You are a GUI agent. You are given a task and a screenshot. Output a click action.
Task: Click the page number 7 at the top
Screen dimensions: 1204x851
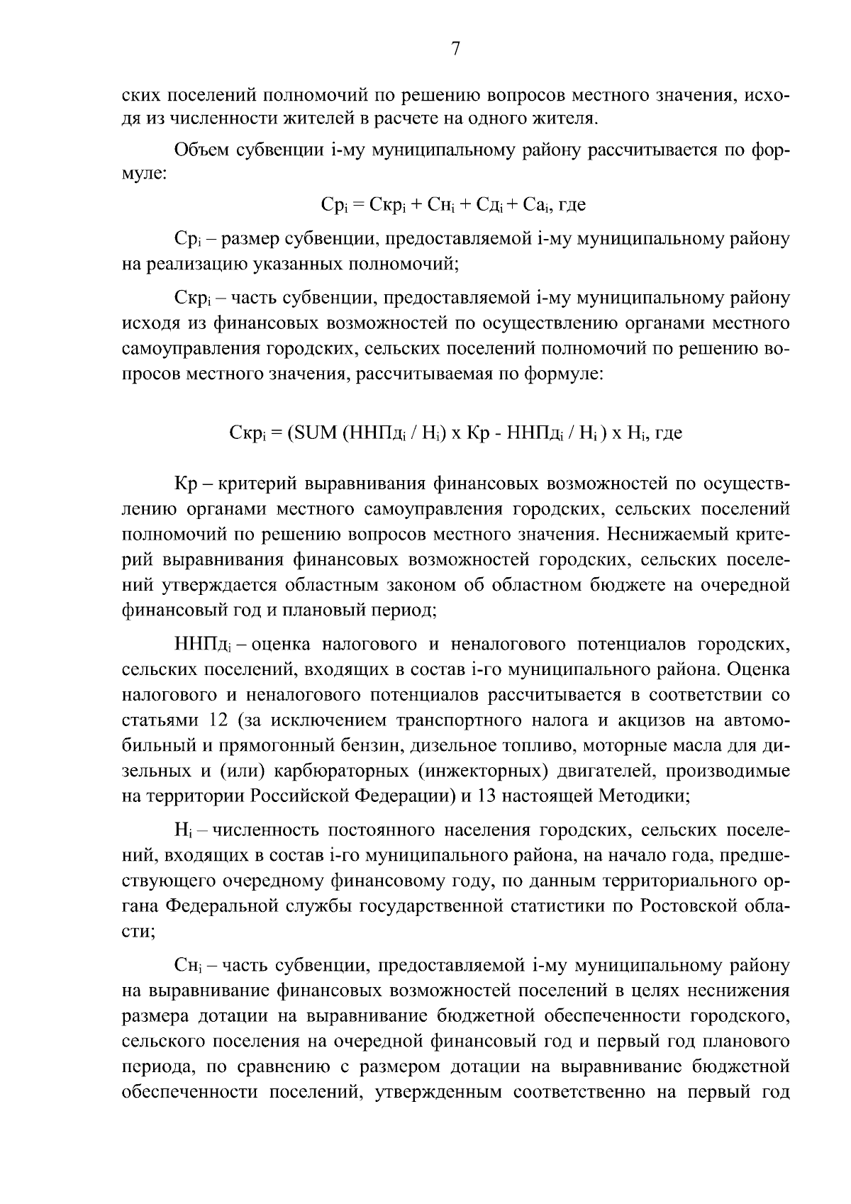455,48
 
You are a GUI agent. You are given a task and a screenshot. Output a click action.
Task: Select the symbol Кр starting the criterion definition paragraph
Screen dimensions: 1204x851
184,484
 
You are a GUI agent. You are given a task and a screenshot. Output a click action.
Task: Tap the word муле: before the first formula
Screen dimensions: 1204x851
144,174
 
